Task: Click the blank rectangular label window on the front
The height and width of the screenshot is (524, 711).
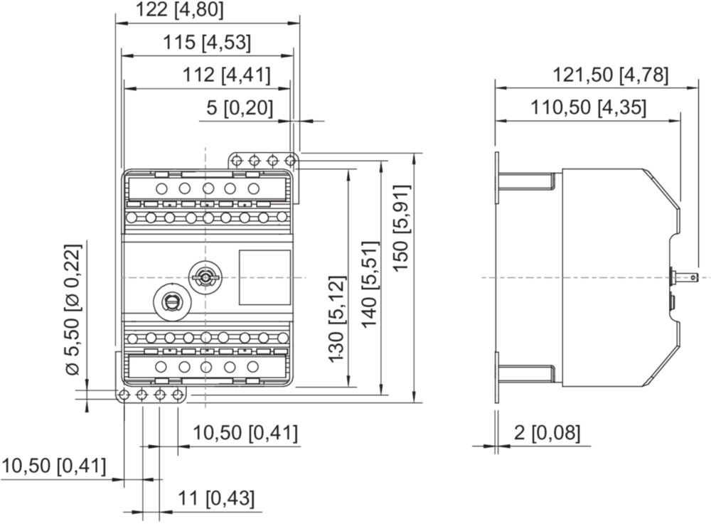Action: coord(264,277)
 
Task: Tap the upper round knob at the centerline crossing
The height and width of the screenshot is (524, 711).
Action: coord(205,277)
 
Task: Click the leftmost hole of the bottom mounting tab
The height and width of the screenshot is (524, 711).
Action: coord(124,395)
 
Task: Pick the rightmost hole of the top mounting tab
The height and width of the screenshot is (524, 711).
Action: coord(290,161)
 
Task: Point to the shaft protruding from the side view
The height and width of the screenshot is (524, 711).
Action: coord(683,277)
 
